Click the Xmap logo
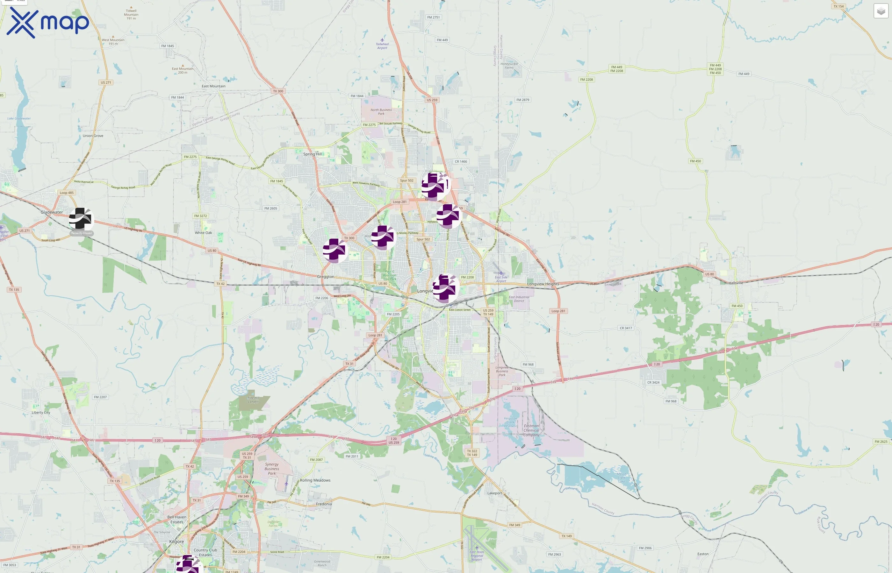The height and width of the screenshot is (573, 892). click(x=48, y=23)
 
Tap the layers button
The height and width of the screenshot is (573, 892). click(x=881, y=11)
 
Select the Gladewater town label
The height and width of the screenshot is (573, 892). click(x=52, y=212)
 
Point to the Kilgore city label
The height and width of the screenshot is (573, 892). click(x=176, y=541)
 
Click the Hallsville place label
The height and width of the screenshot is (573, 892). click(x=736, y=283)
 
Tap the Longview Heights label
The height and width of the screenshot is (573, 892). click(x=543, y=284)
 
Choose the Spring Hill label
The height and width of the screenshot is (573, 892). click(x=312, y=154)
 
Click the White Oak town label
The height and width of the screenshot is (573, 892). click(x=203, y=233)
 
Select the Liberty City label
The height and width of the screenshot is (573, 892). click(x=41, y=412)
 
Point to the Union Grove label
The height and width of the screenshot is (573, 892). click(x=93, y=136)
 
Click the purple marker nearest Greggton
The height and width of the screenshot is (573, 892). click(x=335, y=251)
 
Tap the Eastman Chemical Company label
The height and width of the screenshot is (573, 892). click(x=531, y=430)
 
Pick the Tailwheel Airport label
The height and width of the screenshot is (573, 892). click(x=382, y=46)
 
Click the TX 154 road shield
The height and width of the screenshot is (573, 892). click(x=838, y=6)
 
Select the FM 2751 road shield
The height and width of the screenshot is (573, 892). click(x=433, y=18)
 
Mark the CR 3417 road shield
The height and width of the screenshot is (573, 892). click(x=625, y=328)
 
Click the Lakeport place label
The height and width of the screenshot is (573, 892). click(x=494, y=493)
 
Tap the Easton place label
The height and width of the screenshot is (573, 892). click(x=702, y=554)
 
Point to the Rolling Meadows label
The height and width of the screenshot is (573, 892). click(x=315, y=480)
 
